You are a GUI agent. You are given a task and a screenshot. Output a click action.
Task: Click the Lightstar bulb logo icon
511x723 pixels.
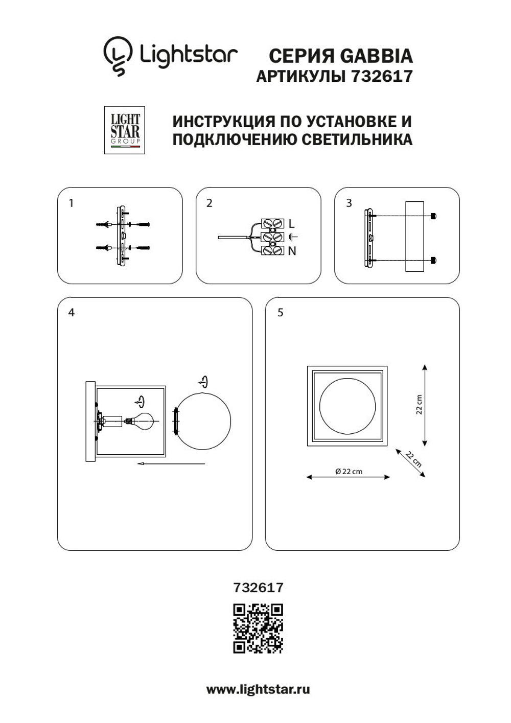pos(118,55)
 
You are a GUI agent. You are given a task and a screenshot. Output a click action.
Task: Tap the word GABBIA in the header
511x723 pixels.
pos(376,56)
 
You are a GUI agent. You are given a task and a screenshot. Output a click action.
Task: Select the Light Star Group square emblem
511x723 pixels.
pos(125,130)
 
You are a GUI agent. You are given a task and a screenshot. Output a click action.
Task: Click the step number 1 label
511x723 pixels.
pos(72,203)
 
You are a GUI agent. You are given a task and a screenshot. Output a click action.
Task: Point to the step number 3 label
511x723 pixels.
pos(349,203)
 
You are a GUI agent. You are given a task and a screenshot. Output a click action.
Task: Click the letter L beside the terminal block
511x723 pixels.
pos(292,224)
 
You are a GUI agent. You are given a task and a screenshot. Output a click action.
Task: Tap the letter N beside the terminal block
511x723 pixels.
pos(292,251)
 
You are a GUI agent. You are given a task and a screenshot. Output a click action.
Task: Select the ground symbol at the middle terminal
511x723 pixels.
pos(293,237)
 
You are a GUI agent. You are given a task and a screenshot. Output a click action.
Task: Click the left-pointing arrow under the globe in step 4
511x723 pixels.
pos(171,464)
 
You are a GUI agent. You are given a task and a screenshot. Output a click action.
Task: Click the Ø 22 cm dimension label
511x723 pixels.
pos(349,472)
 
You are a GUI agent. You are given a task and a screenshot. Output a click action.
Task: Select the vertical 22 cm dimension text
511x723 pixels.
pos(419,405)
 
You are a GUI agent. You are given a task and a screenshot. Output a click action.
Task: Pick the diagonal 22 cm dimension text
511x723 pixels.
pos(413,459)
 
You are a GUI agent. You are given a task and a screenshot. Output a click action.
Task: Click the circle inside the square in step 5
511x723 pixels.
pos(347,406)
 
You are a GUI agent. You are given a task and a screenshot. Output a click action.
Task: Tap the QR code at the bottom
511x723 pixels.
pos(258,628)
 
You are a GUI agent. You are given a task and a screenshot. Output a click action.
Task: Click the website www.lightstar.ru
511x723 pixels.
pos(258,689)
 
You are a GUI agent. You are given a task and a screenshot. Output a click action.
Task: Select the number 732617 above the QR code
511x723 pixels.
pos(258,588)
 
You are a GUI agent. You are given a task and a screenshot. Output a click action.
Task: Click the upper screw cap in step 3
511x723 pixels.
pos(433,216)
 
